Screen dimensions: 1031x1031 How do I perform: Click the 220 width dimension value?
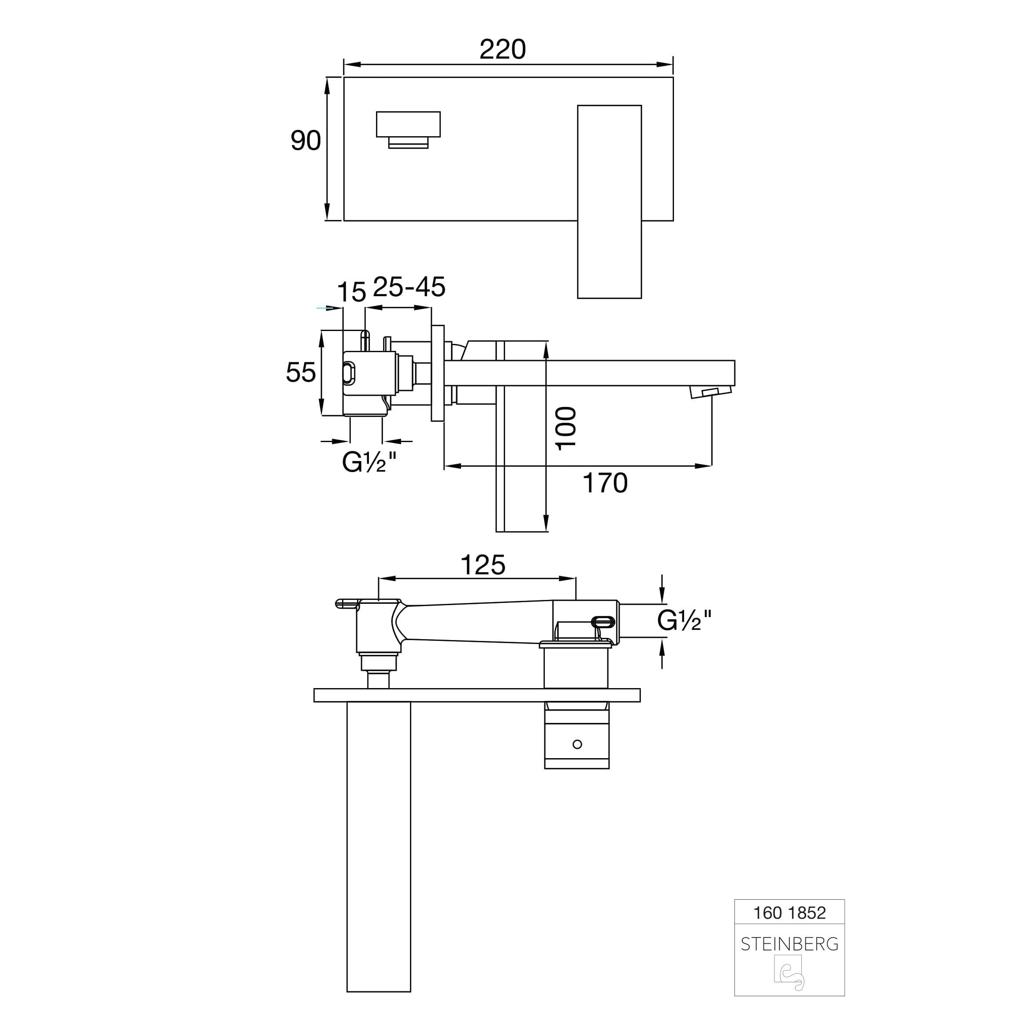(x=502, y=50)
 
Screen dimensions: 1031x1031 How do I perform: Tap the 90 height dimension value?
(x=305, y=141)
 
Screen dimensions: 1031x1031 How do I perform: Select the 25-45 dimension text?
(x=409, y=287)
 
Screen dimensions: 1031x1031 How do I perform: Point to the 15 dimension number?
(x=351, y=292)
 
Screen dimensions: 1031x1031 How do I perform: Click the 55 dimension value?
(x=301, y=372)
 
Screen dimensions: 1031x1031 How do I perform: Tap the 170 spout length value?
(x=605, y=483)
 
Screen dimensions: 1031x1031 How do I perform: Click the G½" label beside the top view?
(x=685, y=620)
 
